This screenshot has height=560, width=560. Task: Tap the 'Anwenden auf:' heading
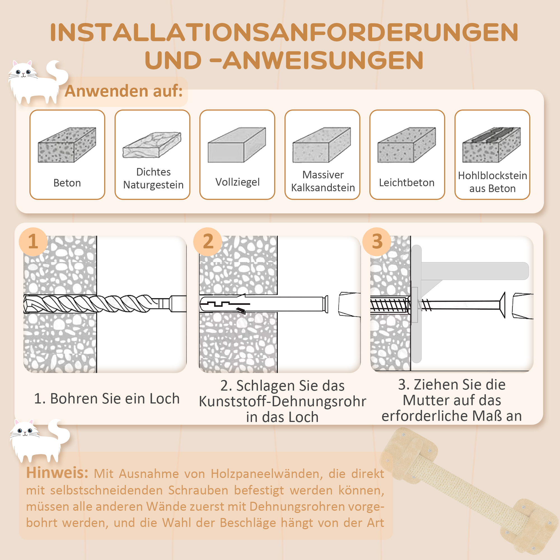pyautogui.click(x=123, y=91)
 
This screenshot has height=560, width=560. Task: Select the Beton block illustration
pyautogui.click(x=67, y=145)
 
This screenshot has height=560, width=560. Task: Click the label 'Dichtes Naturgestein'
pyautogui.click(x=153, y=178)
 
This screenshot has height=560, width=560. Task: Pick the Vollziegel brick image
pyautogui.click(x=237, y=145)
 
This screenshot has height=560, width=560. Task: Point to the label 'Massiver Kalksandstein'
pyautogui.click(x=323, y=181)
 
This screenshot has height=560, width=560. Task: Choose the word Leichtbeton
pyautogui.click(x=407, y=183)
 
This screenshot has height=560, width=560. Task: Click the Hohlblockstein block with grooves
pyautogui.click(x=491, y=145)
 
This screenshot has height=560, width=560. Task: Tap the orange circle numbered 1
pyautogui.click(x=33, y=241)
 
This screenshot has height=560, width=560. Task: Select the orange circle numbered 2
pyautogui.click(x=208, y=241)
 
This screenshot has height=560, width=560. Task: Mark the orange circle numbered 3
pyautogui.click(x=377, y=241)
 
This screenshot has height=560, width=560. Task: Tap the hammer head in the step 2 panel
pyautogui.click(x=349, y=304)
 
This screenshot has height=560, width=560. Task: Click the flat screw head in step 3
pyautogui.click(x=503, y=305)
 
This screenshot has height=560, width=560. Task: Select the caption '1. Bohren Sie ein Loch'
pyautogui.click(x=107, y=398)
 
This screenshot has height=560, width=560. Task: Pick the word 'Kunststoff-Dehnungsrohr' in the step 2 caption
pyautogui.click(x=282, y=402)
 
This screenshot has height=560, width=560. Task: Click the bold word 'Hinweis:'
pyautogui.click(x=57, y=473)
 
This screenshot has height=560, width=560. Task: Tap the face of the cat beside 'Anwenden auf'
pyautogui.click(x=23, y=73)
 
